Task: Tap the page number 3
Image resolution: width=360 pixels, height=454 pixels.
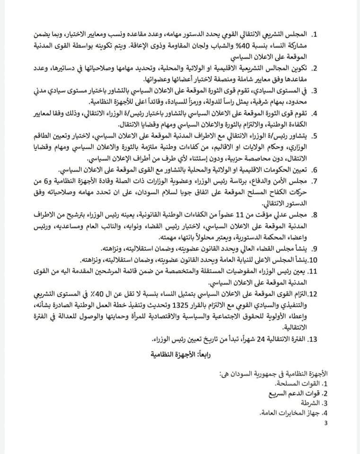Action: coord(325,423)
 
